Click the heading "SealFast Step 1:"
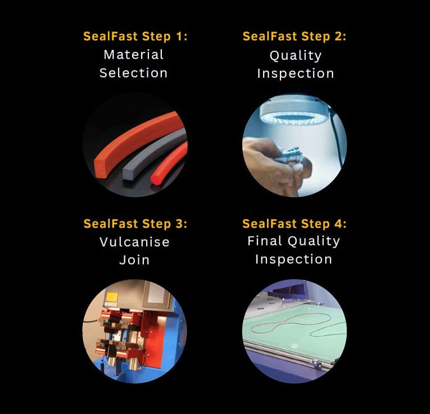pos(135,36)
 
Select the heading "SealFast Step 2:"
pos(295,36)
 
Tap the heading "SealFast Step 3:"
pos(135,224)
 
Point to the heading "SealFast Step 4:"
pos(295,224)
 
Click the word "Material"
pos(133,55)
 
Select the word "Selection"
pos(133,73)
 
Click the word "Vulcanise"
pos(134,242)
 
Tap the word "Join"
pos(134,260)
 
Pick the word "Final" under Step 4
pos(265,241)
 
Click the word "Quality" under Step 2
pos(296,56)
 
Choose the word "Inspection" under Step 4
pos(293,260)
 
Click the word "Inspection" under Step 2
pos(296,74)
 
